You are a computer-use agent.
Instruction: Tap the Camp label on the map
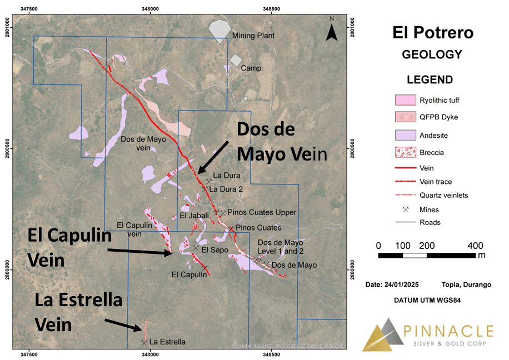pos(251,68)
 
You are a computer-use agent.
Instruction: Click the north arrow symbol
pos(331,31)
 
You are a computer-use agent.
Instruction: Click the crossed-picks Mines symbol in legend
pos(406,209)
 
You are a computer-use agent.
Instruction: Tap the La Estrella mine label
pos(167,342)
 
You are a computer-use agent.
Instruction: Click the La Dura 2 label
pos(226,189)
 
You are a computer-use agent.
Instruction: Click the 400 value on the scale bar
pos(476,246)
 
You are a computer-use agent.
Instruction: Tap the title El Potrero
pos(433,32)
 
